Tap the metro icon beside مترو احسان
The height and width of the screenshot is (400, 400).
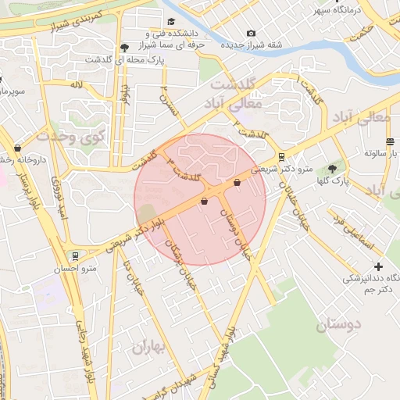coord(74,255)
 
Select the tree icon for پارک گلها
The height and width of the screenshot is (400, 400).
coord(332,169)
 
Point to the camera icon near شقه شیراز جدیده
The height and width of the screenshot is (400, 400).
coord(251,33)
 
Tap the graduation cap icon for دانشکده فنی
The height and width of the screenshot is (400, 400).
coord(171,22)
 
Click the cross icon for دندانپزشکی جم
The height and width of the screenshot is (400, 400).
coord(379,266)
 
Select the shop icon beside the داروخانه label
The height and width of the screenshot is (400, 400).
coord(17,148)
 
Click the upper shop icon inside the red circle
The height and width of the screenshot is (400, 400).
coord(237,183)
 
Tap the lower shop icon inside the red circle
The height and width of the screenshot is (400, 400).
coord(204,202)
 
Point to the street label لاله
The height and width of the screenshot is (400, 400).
coord(77,84)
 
